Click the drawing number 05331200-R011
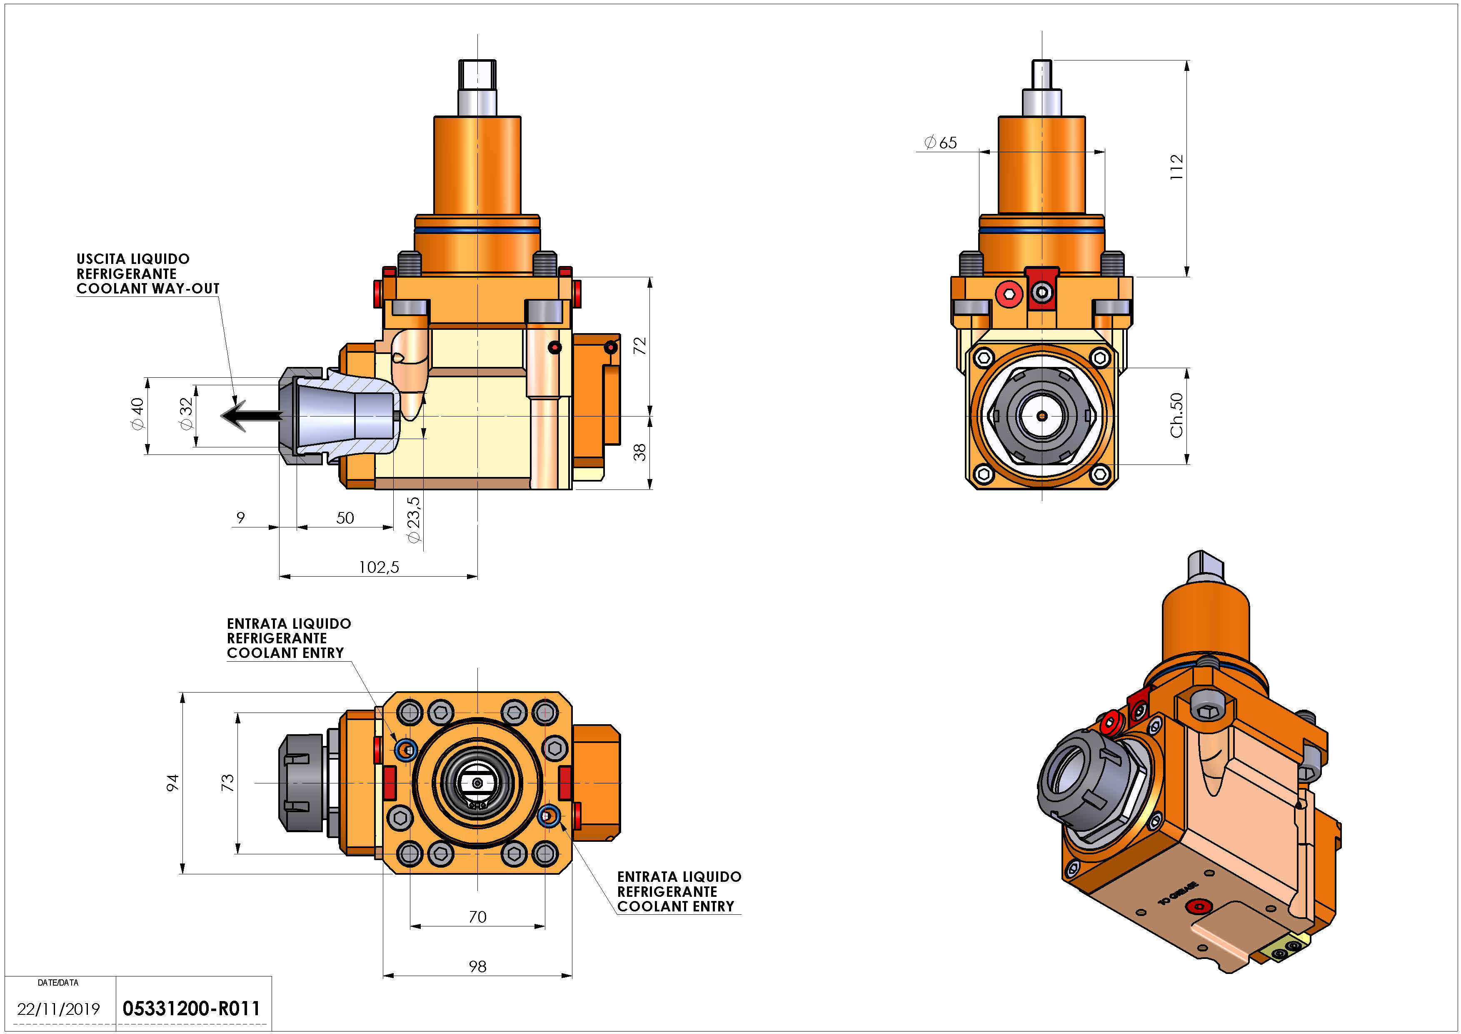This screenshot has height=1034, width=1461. [x=191, y=1009]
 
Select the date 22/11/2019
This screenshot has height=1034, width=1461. [x=59, y=1009]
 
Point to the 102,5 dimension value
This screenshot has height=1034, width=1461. [x=379, y=567]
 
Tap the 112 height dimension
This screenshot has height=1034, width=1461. [x=1176, y=167]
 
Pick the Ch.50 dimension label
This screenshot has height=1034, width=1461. [x=1176, y=415]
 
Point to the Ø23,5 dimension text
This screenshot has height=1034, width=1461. [x=414, y=520]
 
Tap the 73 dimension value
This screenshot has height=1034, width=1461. [x=227, y=783]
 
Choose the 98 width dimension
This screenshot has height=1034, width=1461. [x=477, y=966]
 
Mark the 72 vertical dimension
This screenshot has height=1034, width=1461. [x=639, y=346]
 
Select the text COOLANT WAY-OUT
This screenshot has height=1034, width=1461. [x=147, y=289]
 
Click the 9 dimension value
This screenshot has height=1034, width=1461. [x=240, y=518]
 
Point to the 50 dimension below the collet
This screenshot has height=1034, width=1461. [x=345, y=518]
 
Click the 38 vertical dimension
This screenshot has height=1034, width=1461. [x=639, y=452]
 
